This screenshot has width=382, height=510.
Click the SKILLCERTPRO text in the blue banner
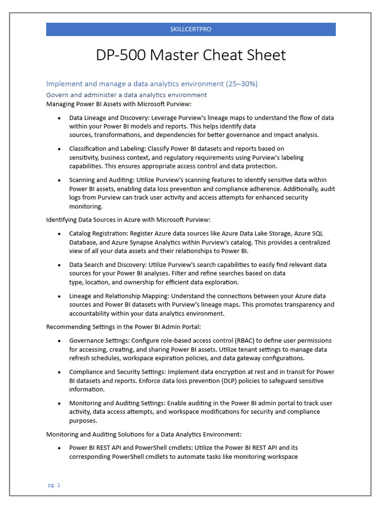point(191,29)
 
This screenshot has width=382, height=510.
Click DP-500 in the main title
point(121,55)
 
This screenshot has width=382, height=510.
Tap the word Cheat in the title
point(222,55)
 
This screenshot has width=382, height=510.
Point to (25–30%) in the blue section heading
point(242,84)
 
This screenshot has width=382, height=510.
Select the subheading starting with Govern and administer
point(126,95)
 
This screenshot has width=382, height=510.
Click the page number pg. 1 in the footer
point(54,485)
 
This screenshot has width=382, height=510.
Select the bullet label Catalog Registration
point(96,234)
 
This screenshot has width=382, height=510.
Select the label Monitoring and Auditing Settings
point(117,403)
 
